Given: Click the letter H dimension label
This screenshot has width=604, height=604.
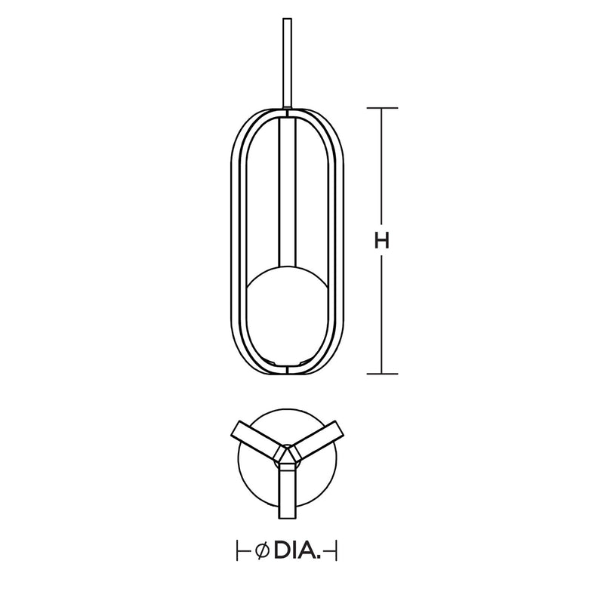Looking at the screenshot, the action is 382,241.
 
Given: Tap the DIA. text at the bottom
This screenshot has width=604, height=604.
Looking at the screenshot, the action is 297,551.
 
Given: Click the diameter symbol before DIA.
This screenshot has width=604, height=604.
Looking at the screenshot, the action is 262,551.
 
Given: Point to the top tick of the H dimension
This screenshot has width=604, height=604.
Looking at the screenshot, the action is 382,108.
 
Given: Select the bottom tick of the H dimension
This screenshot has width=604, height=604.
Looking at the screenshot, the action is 382,374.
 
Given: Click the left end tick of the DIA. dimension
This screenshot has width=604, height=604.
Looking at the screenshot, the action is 237,551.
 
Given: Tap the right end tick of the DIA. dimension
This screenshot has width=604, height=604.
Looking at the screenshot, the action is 336,551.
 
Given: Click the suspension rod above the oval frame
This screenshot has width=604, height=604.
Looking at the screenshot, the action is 287,63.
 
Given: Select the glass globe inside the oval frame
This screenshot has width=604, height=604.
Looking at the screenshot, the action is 288,315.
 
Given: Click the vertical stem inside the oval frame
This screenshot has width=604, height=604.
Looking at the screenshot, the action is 287,192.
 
